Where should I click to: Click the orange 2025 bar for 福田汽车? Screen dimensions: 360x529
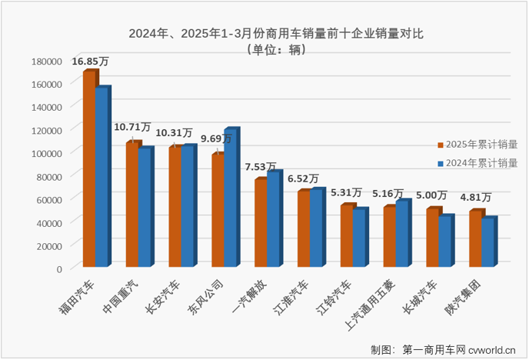[89, 169]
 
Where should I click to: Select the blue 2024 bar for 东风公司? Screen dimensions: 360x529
[231, 198]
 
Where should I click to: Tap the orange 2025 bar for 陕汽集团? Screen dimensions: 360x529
[476, 238]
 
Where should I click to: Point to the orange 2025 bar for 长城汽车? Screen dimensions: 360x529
[433, 238]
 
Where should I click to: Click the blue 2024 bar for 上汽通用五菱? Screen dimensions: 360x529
[403, 234]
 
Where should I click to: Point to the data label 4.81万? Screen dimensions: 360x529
[477, 198]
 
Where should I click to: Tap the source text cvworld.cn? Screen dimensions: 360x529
[495, 350]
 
